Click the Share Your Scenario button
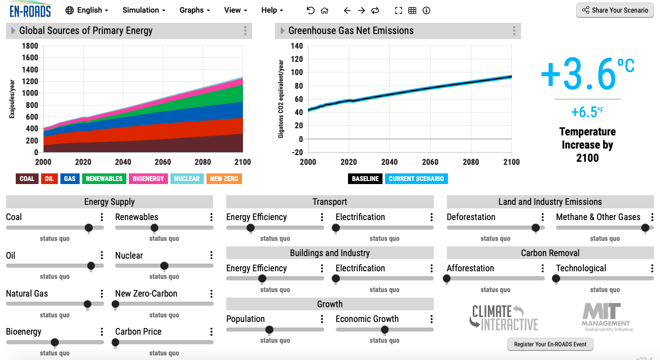click(x=615, y=10)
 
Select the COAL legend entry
click(x=27, y=178)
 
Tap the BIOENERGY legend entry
click(x=149, y=178)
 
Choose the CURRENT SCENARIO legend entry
click(x=416, y=178)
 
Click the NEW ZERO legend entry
click(x=223, y=178)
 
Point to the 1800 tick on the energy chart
click(x=30, y=46)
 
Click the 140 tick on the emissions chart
click(x=296, y=46)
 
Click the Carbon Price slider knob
click(x=116, y=342)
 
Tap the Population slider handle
click(x=269, y=330)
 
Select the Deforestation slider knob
click(x=536, y=228)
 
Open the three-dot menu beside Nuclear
click(x=212, y=256)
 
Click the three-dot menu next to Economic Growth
click(x=432, y=319)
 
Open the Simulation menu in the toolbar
click(x=144, y=10)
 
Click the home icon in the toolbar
click(x=325, y=10)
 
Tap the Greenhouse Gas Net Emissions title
click(x=351, y=31)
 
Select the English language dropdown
click(x=84, y=10)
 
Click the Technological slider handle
click(x=556, y=279)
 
